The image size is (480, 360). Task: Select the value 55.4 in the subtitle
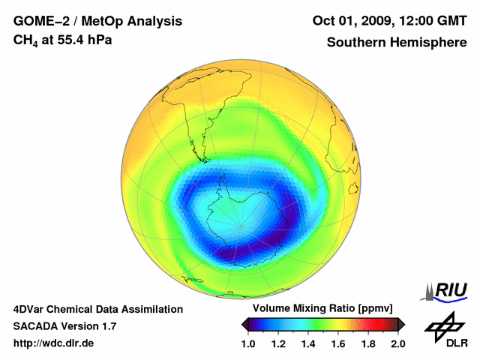click(x=67, y=40)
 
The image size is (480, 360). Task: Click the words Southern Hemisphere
click(x=397, y=42)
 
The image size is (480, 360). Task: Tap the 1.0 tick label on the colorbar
click(x=247, y=343)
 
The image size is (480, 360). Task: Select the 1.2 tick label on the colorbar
click(x=277, y=343)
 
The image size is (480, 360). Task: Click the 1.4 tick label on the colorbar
click(x=307, y=343)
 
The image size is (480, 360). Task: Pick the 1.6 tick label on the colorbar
click(x=337, y=343)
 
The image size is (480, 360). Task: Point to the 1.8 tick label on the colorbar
click(x=367, y=343)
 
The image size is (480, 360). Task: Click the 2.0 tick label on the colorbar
click(x=397, y=343)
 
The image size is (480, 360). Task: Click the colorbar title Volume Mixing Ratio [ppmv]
click(x=322, y=309)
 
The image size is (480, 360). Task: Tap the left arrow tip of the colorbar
click(x=242, y=324)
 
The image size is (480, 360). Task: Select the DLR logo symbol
click(x=443, y=327)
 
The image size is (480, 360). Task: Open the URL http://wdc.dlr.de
click(x=54, y=343)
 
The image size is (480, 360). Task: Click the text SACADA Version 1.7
click(x=64, y=326)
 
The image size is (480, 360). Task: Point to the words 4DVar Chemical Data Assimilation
click(x=98, y=309)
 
